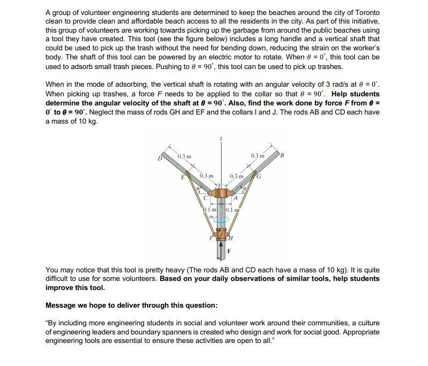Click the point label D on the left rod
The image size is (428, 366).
(x=159, y=158)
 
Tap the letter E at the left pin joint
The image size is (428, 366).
(x=183, y=177)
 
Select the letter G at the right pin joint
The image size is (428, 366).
(x=259, y=177)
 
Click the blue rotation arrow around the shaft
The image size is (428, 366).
(x=220, y=224)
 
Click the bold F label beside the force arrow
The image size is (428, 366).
(x=229, y=250)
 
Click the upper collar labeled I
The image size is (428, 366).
(x=221, y=191)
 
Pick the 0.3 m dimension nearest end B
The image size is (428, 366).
(x=257, y=156)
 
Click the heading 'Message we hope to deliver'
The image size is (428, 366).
(x=132, y=305)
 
